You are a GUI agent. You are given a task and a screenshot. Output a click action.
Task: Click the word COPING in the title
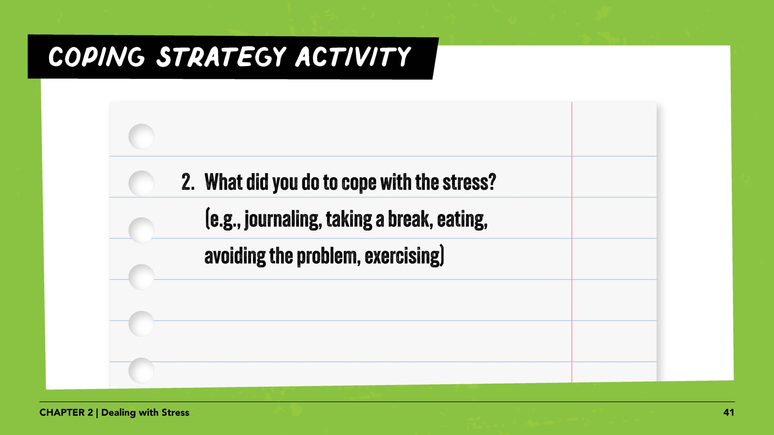pyautogui.click(x=96, y=57)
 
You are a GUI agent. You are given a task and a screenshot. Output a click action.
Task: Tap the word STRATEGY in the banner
pyautogui.click(x=221, y=57)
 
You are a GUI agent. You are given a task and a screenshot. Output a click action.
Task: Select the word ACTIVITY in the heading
pyautogui.click(x=353, y=57)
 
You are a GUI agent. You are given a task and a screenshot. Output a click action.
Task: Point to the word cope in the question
pyautogui.click(x=359, y=183)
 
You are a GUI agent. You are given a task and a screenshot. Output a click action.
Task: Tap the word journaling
pyautogui.click(x=283, y=220)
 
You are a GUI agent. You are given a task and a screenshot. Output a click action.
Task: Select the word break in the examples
pyautogui.click(x=410, y=219)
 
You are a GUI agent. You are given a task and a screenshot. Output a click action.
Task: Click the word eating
pyautogui.click(x=462, y=220)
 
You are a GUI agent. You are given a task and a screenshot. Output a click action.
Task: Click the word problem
pyautogui.click(x=328, y=256)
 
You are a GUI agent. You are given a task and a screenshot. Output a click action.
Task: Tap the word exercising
pyautogui.click(x=403, y=256)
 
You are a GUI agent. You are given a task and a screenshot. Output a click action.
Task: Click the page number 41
pyautogui.click(x=728, y=413)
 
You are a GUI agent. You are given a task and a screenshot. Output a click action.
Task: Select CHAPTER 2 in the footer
pyautogui.click(x=66, y=413)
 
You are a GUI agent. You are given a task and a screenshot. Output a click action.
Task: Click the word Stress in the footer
pyautogui.click(x=175, y=413)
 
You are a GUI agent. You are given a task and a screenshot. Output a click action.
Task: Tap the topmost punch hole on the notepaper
pyautogui.click(x=141, y=136)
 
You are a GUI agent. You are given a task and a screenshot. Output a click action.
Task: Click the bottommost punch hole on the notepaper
pyautogui.click(x=141, y=370)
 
